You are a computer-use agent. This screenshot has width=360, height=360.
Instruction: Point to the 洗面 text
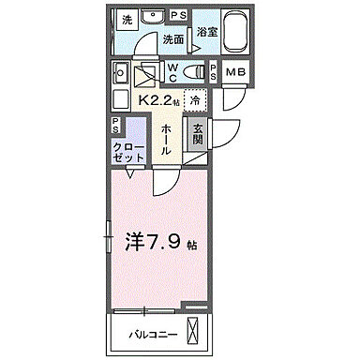click(x=172, y=39)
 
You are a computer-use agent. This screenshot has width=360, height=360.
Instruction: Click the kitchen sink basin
click(x=120, y=72)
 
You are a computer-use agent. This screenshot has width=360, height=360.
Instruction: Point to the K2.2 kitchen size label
click(x=160, y=99)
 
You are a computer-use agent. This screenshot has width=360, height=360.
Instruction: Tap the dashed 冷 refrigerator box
click(x=194, y=100)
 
